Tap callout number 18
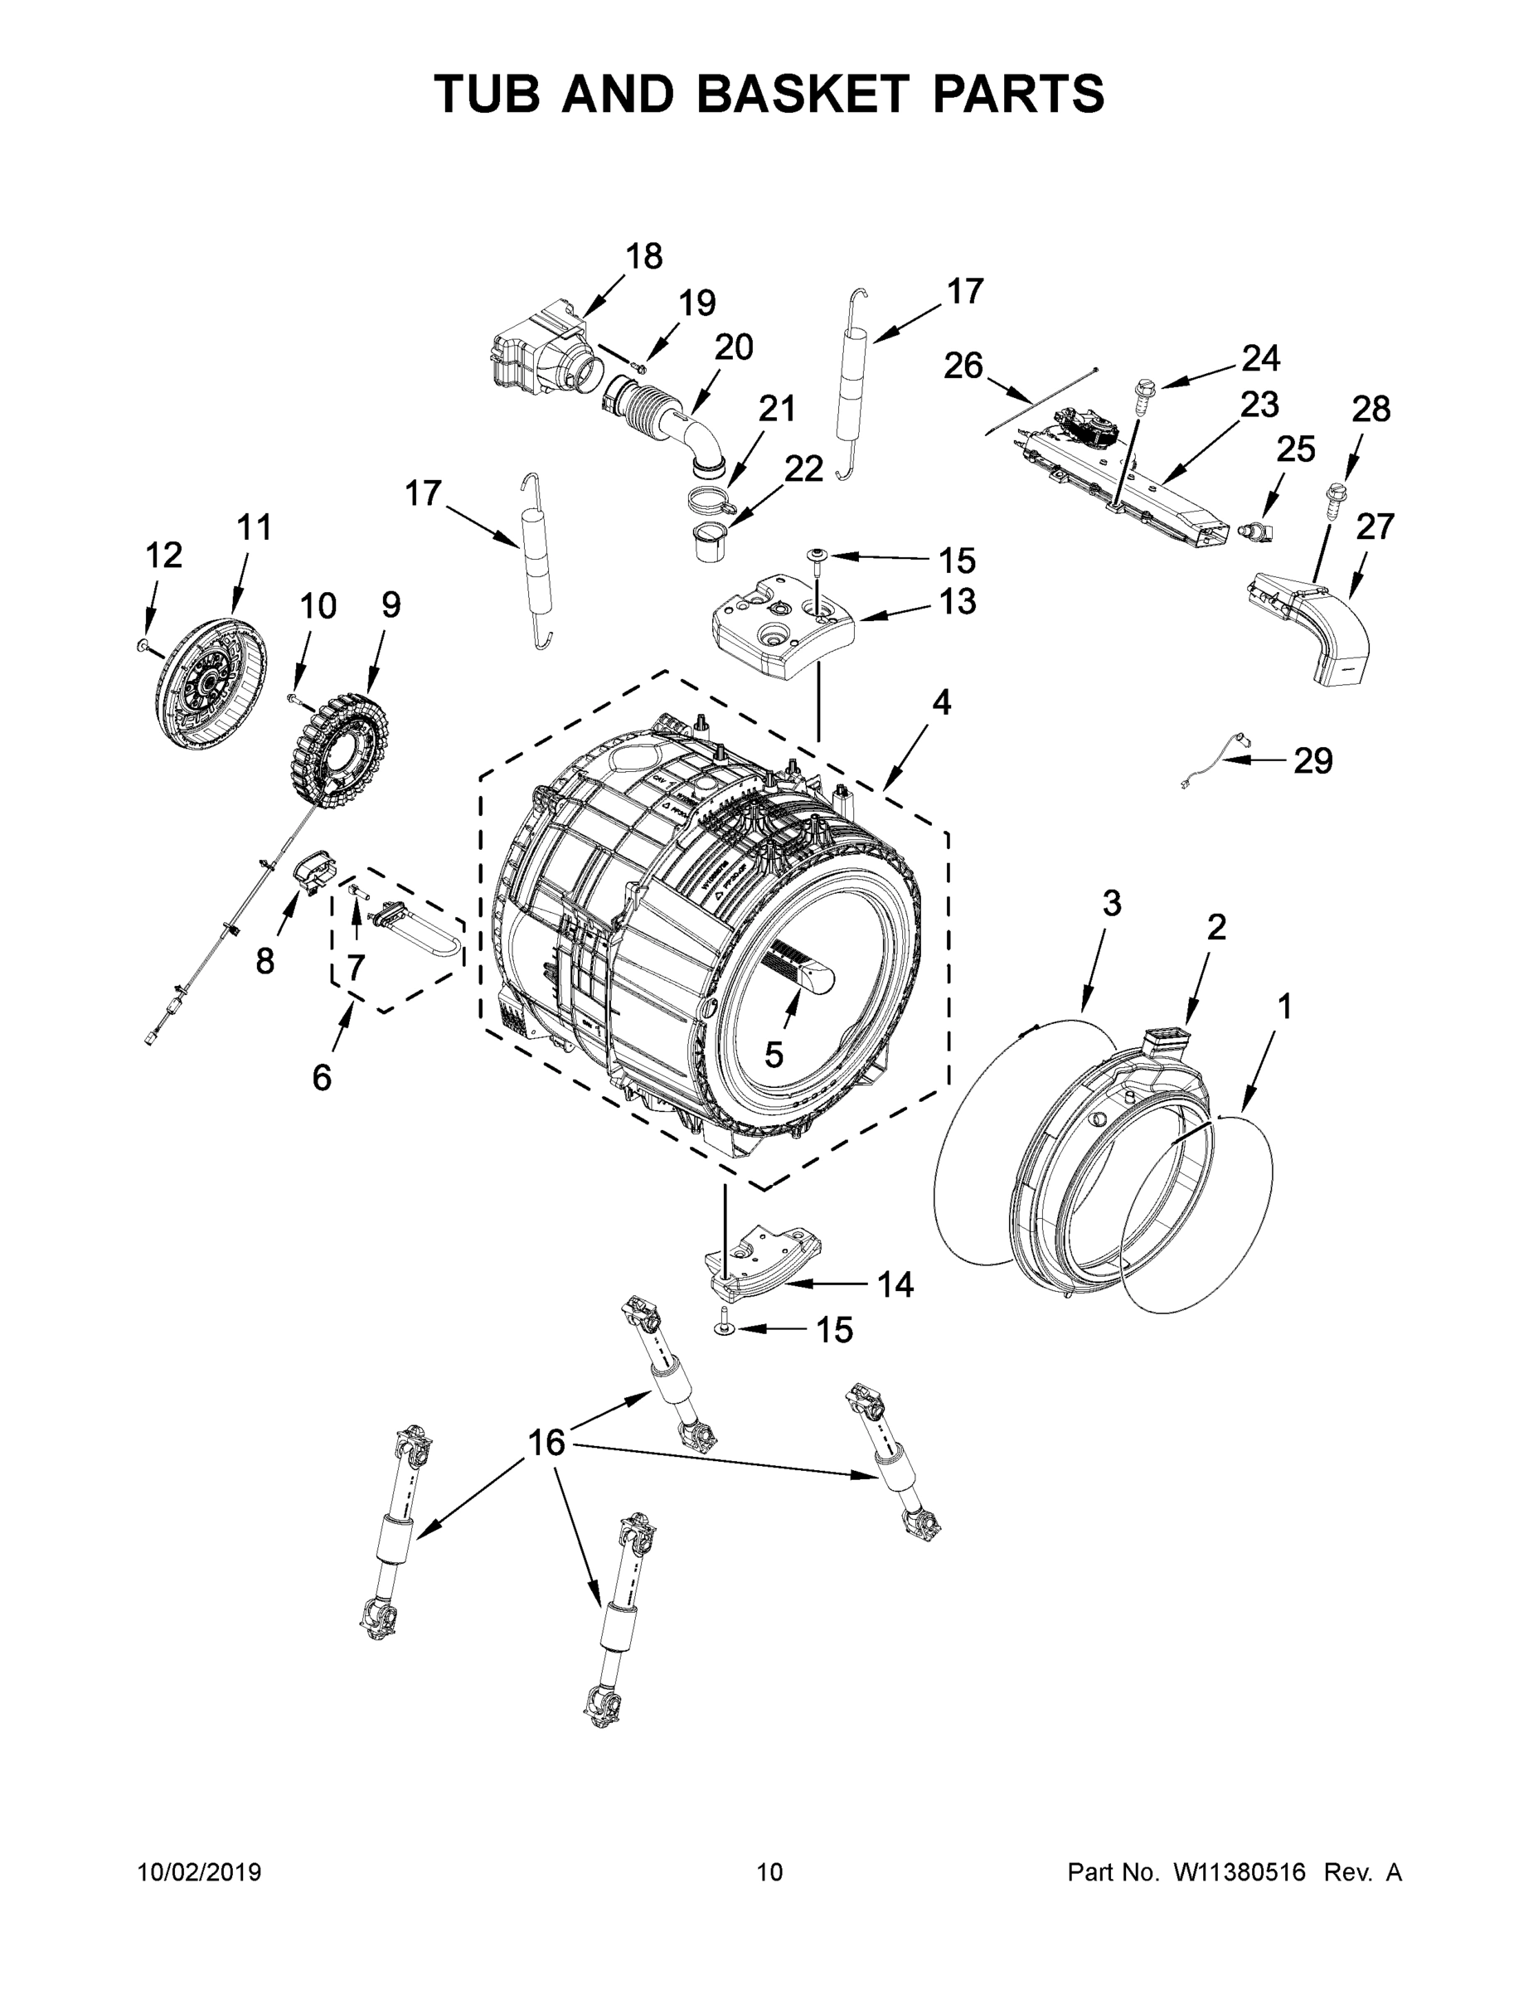tap(644, 257)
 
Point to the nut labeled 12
tap(141, 645)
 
